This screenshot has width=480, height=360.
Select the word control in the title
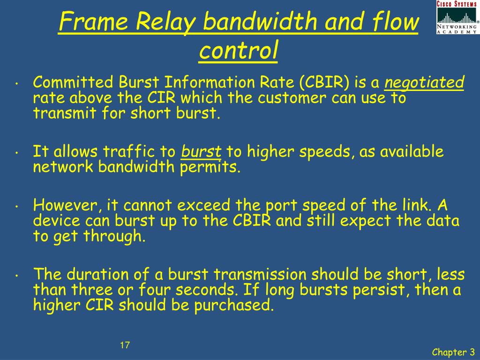pos(238,51)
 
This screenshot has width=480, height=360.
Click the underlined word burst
pos(202,151)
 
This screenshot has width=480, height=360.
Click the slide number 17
pos(124,345)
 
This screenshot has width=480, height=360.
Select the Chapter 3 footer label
pos(453,352)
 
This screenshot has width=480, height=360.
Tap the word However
pos(67,205)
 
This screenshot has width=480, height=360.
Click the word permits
pos(210,167)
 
